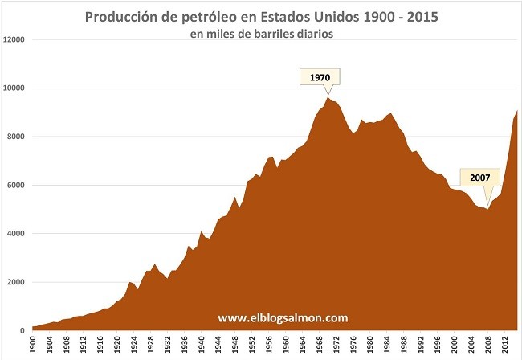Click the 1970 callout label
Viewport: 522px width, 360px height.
pos(320,77)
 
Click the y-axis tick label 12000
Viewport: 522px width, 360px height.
pos(14,39)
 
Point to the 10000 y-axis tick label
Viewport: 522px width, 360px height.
pos(14,88)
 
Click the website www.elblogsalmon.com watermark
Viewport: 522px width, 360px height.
pos(283,317)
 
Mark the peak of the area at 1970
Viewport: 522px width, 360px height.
pos(328,97)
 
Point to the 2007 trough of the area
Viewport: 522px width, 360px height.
pos(487,209)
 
